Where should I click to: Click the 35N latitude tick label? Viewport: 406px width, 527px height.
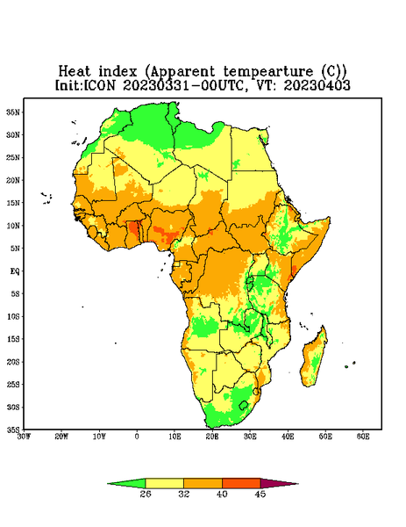13,112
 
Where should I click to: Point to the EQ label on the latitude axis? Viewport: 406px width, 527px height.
15,271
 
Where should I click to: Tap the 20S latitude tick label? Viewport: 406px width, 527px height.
13,362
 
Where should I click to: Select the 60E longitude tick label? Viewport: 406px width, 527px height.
363,437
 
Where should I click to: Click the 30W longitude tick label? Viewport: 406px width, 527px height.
24,437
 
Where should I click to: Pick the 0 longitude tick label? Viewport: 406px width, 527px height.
137,437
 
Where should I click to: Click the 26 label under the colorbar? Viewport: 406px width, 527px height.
146,494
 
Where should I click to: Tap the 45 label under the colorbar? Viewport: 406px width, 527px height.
260,494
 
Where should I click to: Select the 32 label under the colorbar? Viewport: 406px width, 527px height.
184,494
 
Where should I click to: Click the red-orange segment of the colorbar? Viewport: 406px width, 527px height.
241,483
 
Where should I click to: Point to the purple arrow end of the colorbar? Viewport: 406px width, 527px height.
279,484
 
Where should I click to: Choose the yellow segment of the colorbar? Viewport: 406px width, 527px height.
164,483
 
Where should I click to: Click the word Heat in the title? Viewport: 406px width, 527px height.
75,72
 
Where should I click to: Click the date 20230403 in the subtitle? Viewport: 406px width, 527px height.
317,85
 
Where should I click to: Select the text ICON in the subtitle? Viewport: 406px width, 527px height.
99,85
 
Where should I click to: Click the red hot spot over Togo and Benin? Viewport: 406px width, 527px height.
134,229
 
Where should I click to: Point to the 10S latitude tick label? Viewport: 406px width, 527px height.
13,316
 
